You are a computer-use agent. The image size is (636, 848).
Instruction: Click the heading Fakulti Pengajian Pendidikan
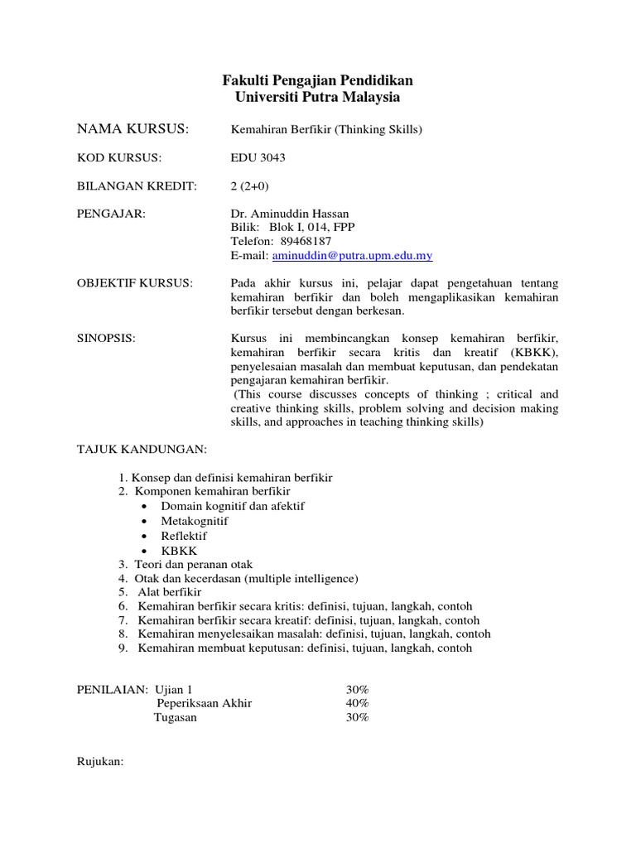click(x=318, y=80)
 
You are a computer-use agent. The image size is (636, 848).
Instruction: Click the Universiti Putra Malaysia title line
click(x=318, y=98)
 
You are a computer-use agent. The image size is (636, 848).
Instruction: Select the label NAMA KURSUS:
click(x=133, y=128)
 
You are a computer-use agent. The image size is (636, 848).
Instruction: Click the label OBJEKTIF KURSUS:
click(x=134, y=283)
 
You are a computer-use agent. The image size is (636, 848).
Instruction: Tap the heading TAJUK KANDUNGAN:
click(x=141, y=449)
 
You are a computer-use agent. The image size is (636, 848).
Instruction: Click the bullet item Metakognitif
click(x=195, y=521)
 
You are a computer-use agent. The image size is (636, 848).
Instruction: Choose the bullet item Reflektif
click(x=184, y=536)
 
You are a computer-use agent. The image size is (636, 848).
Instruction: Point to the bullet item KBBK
click(x=180, y=551)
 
